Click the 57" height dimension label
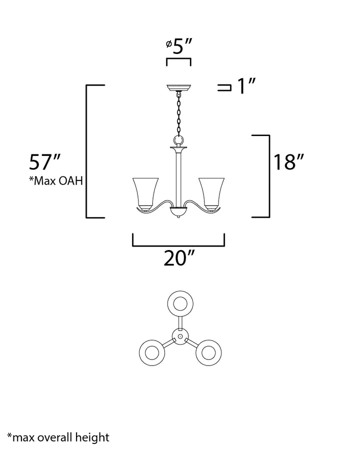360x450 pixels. point(45,162)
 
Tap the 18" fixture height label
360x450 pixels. point(288,162)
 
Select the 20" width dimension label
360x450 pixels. point(179,257)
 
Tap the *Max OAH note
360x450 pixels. point(56,181)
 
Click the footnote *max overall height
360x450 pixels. point(58,437)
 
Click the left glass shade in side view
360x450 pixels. point(145,193)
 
